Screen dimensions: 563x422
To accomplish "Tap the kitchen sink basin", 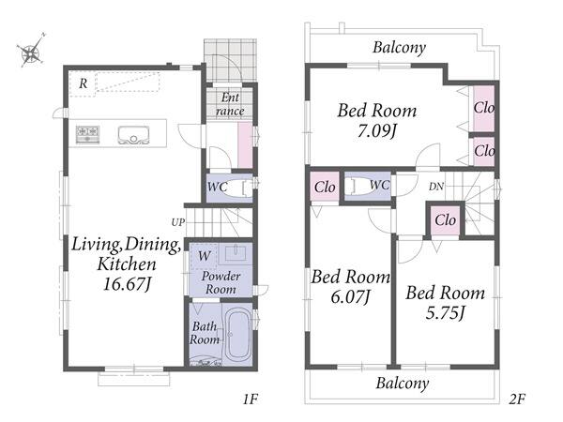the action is (x=133, y=135).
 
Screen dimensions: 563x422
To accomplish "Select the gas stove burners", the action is (x=87, y=134).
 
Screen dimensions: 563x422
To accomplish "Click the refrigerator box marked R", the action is (x=83, y=84).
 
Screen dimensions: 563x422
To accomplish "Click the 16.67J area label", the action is (x=127, y=284).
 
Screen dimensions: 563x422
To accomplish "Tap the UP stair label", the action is (x=177, y=222).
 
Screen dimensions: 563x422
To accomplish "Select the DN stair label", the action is (x=436, y=187).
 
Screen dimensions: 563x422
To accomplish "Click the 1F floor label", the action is (x=251, y=399).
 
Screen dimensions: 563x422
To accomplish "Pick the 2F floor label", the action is (x=517, y=399).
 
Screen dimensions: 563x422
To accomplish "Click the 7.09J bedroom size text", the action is (x=377, y=130).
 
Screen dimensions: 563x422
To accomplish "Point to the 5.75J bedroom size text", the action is (x=445, y=313).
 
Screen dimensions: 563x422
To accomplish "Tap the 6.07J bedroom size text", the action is (x=350, y=296).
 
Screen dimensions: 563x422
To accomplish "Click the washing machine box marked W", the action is (x=204, y=256).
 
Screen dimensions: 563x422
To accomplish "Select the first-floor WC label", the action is (x=218, y=187).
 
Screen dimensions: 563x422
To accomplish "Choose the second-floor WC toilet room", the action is (x=367, y=186).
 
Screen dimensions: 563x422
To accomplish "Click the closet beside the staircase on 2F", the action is (x=446, y=220).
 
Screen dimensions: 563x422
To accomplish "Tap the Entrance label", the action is (x=230, y=104).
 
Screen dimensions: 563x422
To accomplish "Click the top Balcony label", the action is (x=400, y=48).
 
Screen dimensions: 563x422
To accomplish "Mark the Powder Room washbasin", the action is (x=236, y=252).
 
